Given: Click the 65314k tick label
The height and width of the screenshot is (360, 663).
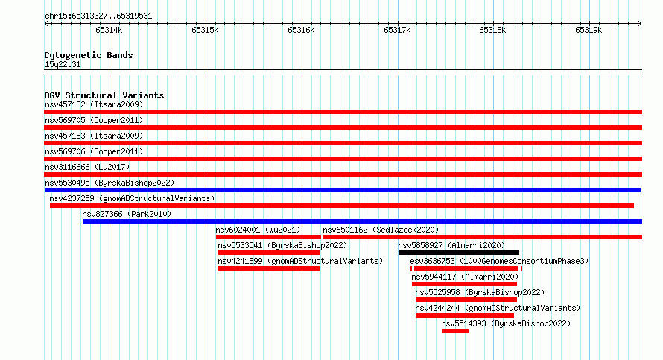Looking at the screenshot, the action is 109,30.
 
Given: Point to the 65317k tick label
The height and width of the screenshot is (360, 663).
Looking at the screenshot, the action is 397,30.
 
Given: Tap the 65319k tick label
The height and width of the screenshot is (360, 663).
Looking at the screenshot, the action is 589,30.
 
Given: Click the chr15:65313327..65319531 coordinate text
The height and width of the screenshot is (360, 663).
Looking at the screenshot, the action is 98,16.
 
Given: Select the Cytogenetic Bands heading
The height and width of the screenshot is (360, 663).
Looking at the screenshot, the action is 89,55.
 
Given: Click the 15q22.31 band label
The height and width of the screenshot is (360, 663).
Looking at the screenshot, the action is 63,64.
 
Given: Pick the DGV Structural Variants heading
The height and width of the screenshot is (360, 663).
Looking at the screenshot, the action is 104,95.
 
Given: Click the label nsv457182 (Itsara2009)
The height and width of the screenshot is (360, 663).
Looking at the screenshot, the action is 94,104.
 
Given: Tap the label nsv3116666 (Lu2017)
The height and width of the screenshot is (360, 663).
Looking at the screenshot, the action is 87,167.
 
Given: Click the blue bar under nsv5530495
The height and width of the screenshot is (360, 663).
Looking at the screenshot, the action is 343,190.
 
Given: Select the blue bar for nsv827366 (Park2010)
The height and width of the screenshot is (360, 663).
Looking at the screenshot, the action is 362,221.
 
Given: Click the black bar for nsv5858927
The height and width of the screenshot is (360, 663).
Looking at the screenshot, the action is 459,253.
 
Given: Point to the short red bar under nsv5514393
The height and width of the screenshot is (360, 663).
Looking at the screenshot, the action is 455,331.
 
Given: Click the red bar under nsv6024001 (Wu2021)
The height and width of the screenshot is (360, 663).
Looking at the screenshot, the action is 268,237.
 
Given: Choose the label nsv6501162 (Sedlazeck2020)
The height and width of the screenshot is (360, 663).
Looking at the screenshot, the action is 381,230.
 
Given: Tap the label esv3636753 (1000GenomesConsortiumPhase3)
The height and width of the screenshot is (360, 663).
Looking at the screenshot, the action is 499,261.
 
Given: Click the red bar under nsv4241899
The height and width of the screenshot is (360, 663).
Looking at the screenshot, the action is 269,268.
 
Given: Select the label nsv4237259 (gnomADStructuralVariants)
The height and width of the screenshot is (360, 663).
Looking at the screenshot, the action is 132,198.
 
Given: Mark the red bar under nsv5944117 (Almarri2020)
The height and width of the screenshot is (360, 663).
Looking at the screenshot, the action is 464,284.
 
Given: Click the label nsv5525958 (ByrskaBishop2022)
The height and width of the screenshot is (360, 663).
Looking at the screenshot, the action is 480,292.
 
